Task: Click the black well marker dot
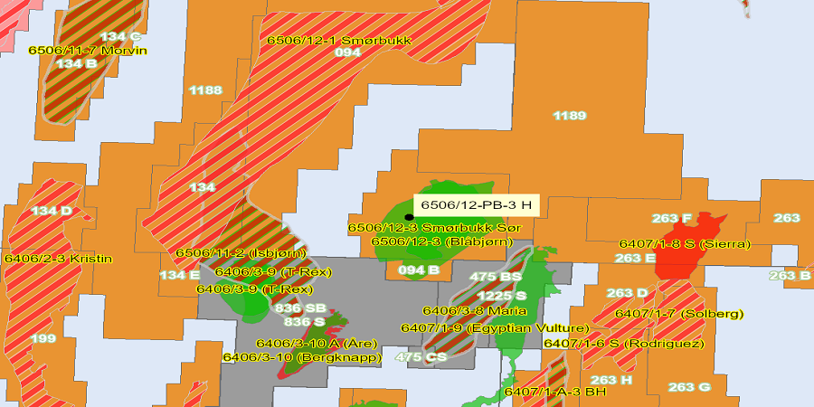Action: [409, 217]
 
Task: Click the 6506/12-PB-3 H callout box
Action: [476, 205]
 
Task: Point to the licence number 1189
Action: [570, 116]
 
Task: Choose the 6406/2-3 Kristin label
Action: [58, 259]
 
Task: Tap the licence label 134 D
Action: [52, 211]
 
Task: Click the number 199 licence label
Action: [43, 338]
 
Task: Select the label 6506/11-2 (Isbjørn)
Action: [241, 252]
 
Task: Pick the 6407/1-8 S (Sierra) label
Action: [684, 244]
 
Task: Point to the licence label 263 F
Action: [671, 218]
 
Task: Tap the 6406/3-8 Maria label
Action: [475, 310]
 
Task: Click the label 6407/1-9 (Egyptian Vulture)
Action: [495, 327]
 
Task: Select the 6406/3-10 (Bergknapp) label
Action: [302, 357]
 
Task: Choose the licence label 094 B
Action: [420, 269]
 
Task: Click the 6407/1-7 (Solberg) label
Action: [679, 314]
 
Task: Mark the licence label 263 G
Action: [690, 387]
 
